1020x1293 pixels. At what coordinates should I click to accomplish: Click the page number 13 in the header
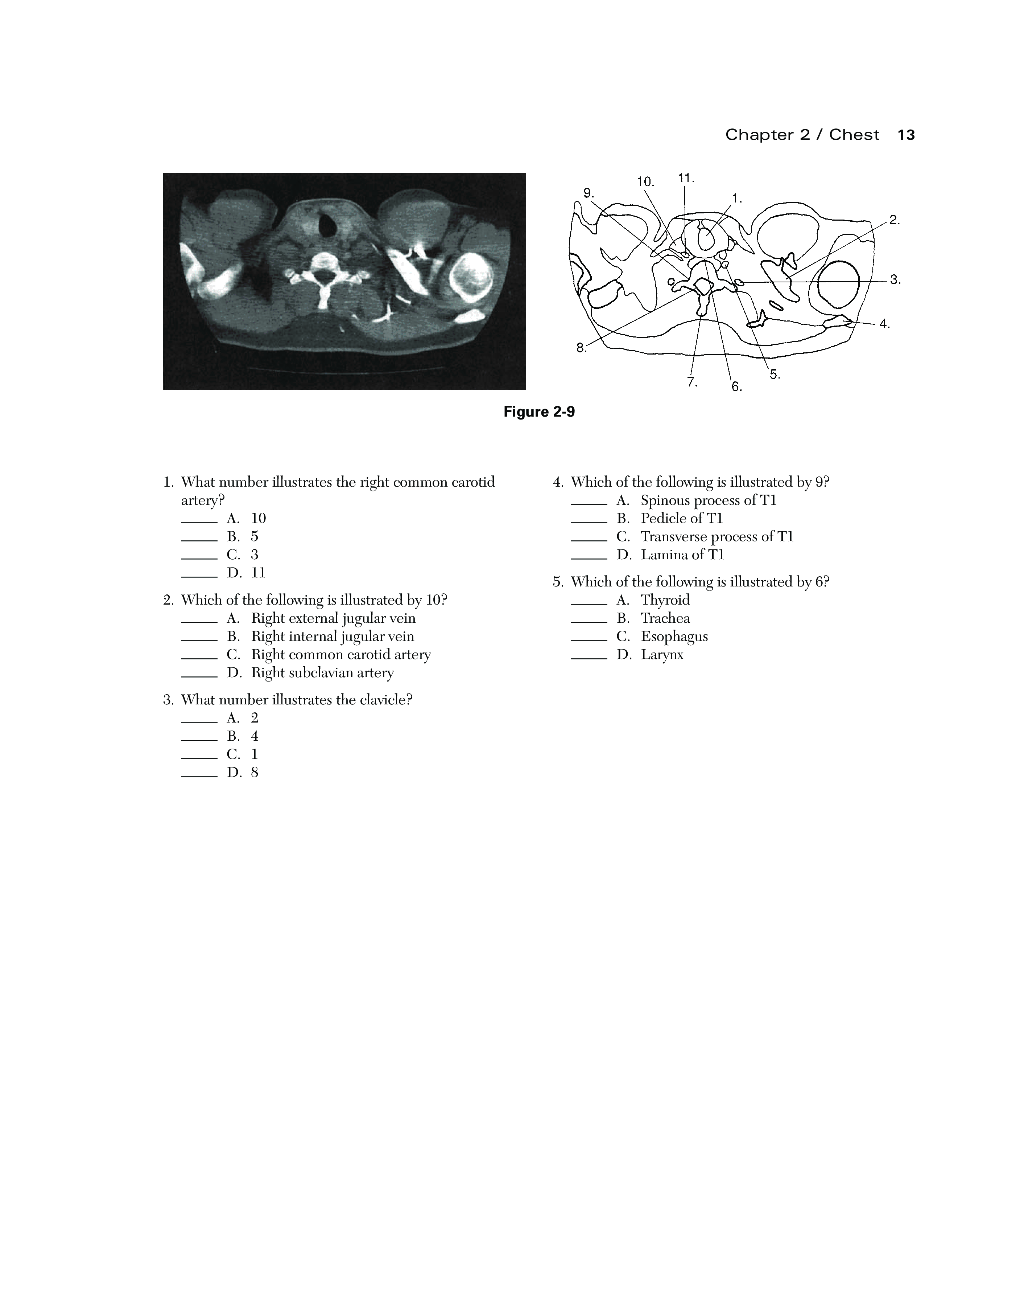pos(905,135)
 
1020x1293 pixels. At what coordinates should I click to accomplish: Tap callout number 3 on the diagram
pos(895,279)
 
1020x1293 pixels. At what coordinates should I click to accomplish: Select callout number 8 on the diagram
pos(581,348)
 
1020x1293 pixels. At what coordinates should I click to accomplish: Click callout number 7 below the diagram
pos(692,382)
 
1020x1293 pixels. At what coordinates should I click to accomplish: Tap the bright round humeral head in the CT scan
pos(472,276)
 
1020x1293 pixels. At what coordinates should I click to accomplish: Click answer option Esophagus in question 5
pos(674,637)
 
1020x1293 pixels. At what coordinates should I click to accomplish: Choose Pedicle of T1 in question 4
pos(681,518)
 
